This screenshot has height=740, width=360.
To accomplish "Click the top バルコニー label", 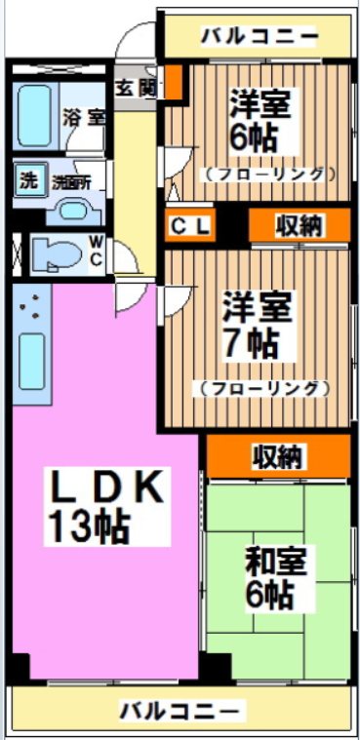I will pos(259,38).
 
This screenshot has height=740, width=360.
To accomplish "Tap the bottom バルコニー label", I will pos(178,710).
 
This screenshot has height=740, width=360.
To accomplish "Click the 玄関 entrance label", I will pos(137,87).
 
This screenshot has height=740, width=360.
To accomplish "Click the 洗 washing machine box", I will pos(29,179).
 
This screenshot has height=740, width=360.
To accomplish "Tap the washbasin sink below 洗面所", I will pos(71,209).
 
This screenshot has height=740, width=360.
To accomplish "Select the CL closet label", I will pos(189,226).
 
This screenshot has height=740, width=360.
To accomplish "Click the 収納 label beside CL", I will pos(299,226).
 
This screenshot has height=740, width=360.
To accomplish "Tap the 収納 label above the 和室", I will pos(277,455).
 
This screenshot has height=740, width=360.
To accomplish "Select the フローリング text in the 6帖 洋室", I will pos(269,175).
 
